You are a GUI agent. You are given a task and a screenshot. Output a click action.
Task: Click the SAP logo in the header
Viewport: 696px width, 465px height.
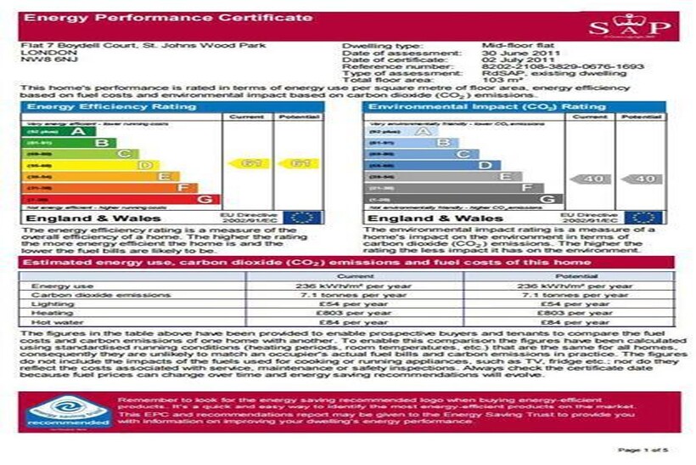click(643, 27)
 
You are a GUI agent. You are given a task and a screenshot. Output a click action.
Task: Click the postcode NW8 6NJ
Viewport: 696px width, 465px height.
click(40, 60)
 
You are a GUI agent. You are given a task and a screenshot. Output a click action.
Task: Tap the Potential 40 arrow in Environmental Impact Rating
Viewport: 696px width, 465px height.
click(644, 179)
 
